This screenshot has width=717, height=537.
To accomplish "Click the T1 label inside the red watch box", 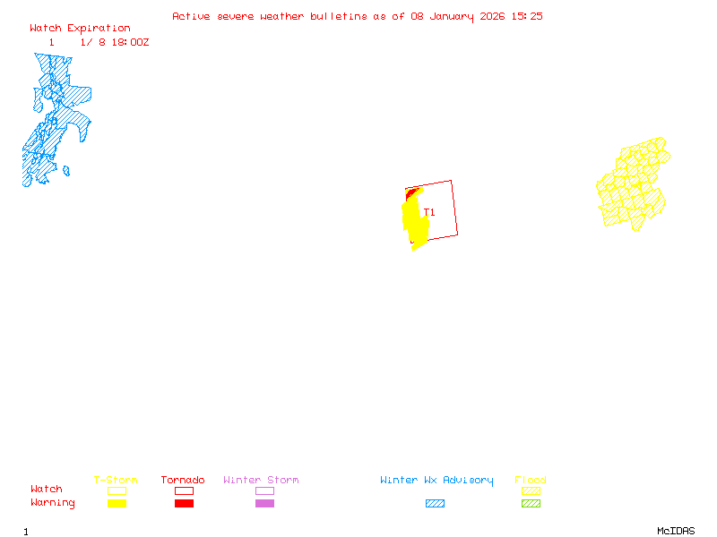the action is pyautogui.click(x=430, y=213).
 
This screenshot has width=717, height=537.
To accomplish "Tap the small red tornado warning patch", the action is pyautogui.click(x=411, y=192).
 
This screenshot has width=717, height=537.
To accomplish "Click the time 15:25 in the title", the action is pyautogui.click(x=527, y=16).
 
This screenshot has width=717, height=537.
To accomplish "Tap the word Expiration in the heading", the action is pyautogui.click(x=99, y=29).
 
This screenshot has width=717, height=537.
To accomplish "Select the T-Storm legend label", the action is pyautogui.click(x=116, y=481).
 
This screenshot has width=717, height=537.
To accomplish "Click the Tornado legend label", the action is pyautogui.click(x=183, y=481).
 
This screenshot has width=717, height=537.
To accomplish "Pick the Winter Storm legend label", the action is pyautogui.click(x=261, y=481).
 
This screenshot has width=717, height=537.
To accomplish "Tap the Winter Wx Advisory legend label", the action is pyautogui.click(x=436, y=481).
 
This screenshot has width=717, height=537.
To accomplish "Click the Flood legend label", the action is pyautogui.click(x=531, y=481).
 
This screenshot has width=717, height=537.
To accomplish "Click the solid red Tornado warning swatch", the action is pyautogui.click(x=184, y=503).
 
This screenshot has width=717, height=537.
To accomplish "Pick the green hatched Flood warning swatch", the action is pyautogui.click(x=531, y=503).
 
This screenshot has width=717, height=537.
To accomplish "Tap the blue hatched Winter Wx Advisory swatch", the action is pyautogui.click(x=435, y=503).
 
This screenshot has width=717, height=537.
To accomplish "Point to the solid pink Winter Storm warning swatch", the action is pyautogui.click(x=264, y=503).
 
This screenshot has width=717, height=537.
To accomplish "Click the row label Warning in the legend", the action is pyautogui.click(x=53, y=503).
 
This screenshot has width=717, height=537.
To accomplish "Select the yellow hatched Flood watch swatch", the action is pyautogui.click(x=531, y=490).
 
